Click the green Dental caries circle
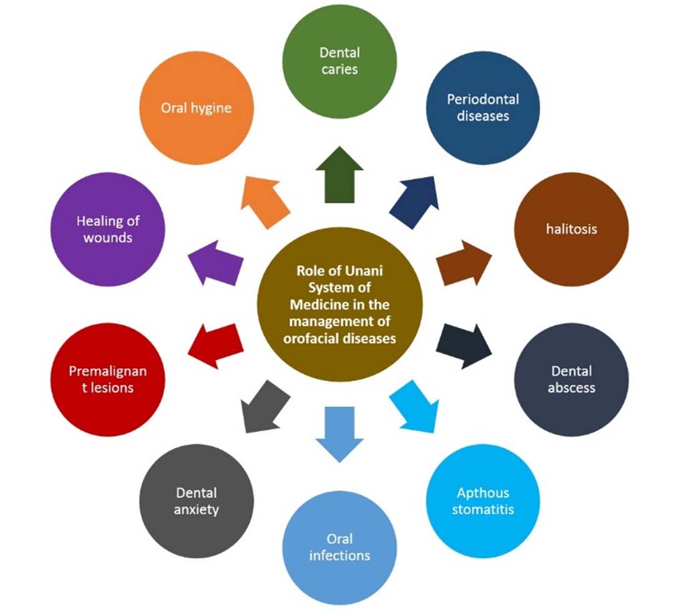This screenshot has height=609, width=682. [x=339, y=61]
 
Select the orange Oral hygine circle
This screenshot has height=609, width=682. [x=196, y=107]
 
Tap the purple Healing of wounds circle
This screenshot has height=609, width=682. [x=107, y=229]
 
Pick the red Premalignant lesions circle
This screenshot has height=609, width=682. [x=107, y=379]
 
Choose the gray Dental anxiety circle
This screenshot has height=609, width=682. [x=196, y=501]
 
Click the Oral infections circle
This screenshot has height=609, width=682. [x=339, y=547]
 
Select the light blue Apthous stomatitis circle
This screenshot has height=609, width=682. [x=483, y=501]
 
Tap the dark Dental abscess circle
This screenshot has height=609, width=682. [x=571, y=379]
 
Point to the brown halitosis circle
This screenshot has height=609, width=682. [x=571, y=229]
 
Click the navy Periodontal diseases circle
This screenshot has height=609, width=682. [x=483, y=107]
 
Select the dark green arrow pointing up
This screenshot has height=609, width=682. [x=339, y=176]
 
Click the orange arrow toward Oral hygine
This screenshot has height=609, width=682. [x=265, y=199]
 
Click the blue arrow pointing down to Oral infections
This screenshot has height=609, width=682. [x=339, y=433]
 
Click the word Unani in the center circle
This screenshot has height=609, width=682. [x=366, y=272]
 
